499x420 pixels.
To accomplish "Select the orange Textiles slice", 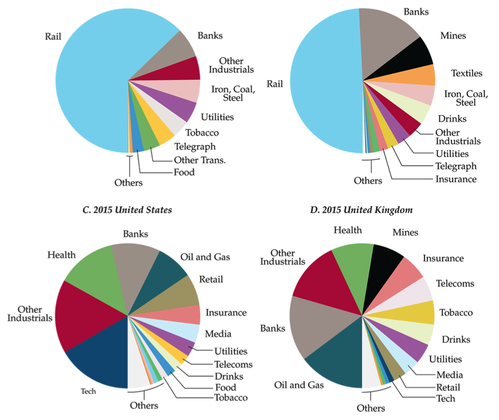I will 418,75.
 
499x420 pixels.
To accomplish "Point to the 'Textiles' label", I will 466,73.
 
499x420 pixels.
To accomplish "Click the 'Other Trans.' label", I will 199,160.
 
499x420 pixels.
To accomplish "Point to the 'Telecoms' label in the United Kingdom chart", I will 455,283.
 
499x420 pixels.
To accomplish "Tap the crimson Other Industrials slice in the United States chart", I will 79,317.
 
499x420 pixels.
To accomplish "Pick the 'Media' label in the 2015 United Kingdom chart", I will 450,375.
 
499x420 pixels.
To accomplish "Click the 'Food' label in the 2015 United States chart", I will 226,387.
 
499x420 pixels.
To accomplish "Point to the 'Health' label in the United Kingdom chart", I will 349,230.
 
